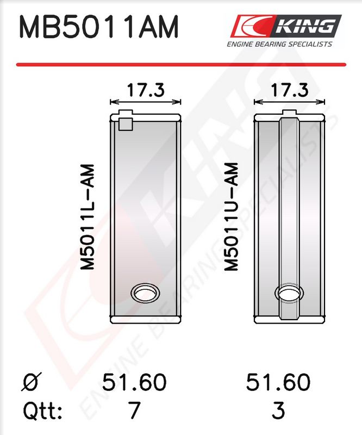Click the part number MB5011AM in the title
pyautogui.click(x=98, y=27)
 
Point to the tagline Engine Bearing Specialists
pyautogui.click(x=279, y=44)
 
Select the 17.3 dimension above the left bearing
pyautogui.click(x=146, y=90)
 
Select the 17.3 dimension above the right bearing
pyautogui.click(x=289, y=90)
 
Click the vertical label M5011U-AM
pyautogui.click(x=231, y=216)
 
